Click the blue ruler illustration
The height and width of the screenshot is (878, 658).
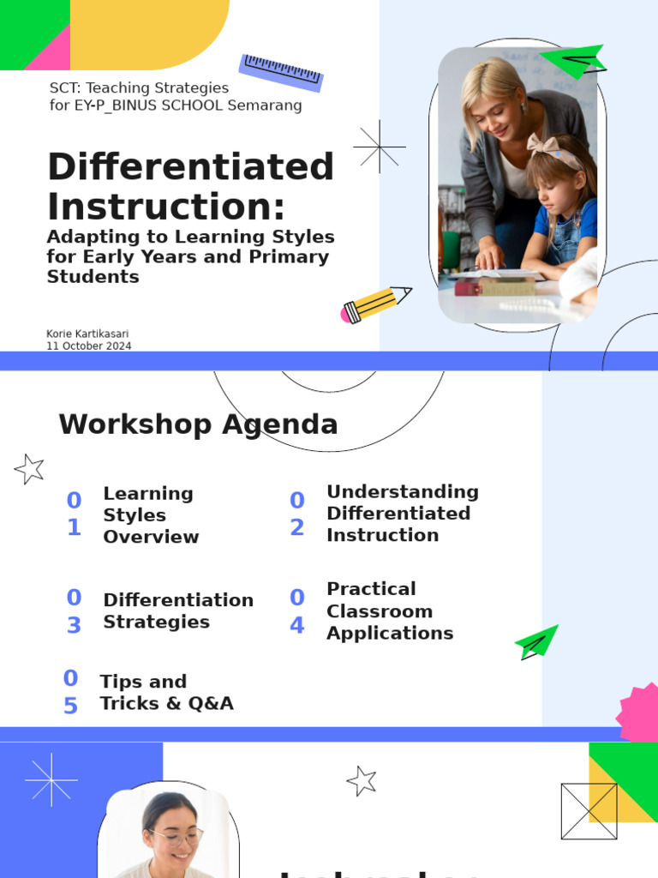tap(281, 73)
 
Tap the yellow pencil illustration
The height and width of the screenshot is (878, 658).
tap(375, 304)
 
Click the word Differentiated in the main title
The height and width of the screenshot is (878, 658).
tap(190, 166)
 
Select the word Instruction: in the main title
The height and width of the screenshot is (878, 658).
tap(165, 207)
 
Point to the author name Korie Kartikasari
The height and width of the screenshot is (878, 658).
tap(87, 334)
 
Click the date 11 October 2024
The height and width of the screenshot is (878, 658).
tap(88, 346)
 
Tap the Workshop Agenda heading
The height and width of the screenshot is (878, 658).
tap(198, 424)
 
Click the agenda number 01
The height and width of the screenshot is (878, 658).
tap(75, 514)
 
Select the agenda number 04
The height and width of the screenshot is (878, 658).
tap(296, 611)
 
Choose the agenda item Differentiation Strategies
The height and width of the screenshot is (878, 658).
tap(178, 610)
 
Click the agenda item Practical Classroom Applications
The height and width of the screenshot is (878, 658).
tap(390, 610)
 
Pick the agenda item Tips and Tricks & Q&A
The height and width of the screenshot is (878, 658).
tap(166, 692)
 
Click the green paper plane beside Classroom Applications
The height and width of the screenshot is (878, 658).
tap(536, 642)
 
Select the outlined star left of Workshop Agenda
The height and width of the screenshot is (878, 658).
tap(30, 469)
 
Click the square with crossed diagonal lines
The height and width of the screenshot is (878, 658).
tap(589, 811)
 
